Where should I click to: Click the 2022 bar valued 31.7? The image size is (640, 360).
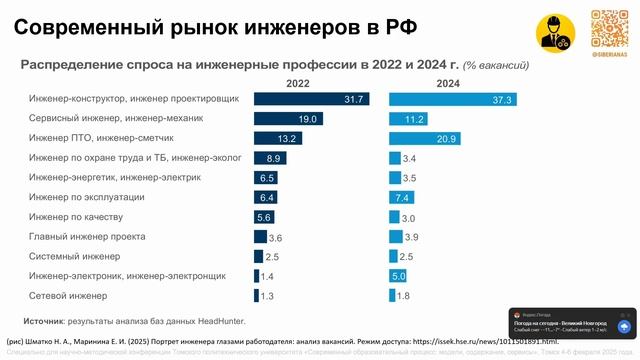click(310, 99)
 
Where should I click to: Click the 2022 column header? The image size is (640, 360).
click(297, 83)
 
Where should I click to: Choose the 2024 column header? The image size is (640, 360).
click(448, 83)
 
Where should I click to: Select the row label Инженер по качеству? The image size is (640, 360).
click(75, 217)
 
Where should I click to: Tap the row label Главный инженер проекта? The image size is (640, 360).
click(87, 237)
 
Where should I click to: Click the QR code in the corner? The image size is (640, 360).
click(610, 28)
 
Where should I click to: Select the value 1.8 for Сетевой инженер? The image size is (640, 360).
click(403, 296)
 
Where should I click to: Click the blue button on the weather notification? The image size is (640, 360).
click(623, 326)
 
